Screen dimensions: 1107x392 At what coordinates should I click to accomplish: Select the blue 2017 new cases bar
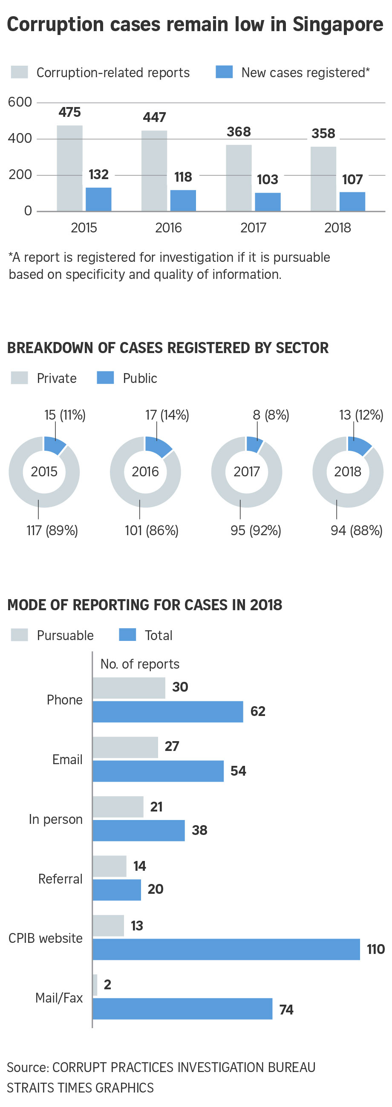(x=268, y=202)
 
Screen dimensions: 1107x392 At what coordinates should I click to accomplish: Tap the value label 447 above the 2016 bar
(x=154, y=117)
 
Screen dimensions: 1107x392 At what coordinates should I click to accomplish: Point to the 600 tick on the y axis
(x=20, y=102)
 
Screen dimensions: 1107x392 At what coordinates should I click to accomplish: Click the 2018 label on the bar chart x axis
(x=337, y=227)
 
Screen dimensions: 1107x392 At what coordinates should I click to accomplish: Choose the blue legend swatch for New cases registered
(x=224, y=72)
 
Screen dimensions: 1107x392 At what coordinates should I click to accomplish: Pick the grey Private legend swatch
(x=19, y=378)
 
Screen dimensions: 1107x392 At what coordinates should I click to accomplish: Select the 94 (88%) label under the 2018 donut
(x=356, y=530)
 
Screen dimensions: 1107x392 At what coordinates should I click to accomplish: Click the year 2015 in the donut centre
(x=44, y=472)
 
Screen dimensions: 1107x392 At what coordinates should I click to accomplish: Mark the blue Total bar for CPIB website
(x=226, y=949)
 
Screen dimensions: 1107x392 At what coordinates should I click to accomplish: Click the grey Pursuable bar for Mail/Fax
(x=95, y=985)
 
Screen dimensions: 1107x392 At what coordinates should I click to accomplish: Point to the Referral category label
(x=60, y=879)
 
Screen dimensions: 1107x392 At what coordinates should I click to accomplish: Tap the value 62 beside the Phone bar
(x=258, y=711)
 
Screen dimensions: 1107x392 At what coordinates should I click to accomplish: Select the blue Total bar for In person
(x=138, y=830)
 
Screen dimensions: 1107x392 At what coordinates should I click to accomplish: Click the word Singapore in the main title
(x=337, y=24)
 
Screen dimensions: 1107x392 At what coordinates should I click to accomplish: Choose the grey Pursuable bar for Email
(x=125, y=748)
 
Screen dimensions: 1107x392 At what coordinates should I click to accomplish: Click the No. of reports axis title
(x=139, y=664)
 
